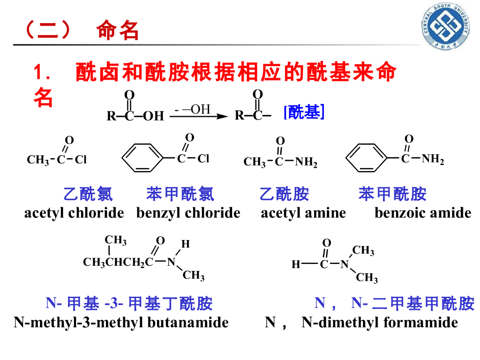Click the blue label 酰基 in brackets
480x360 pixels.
304,113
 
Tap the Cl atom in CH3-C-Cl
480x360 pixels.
81,160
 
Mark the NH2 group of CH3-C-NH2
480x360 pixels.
306,163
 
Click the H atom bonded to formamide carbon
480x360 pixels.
295,265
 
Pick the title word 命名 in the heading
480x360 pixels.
118,31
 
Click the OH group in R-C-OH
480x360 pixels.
153,116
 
